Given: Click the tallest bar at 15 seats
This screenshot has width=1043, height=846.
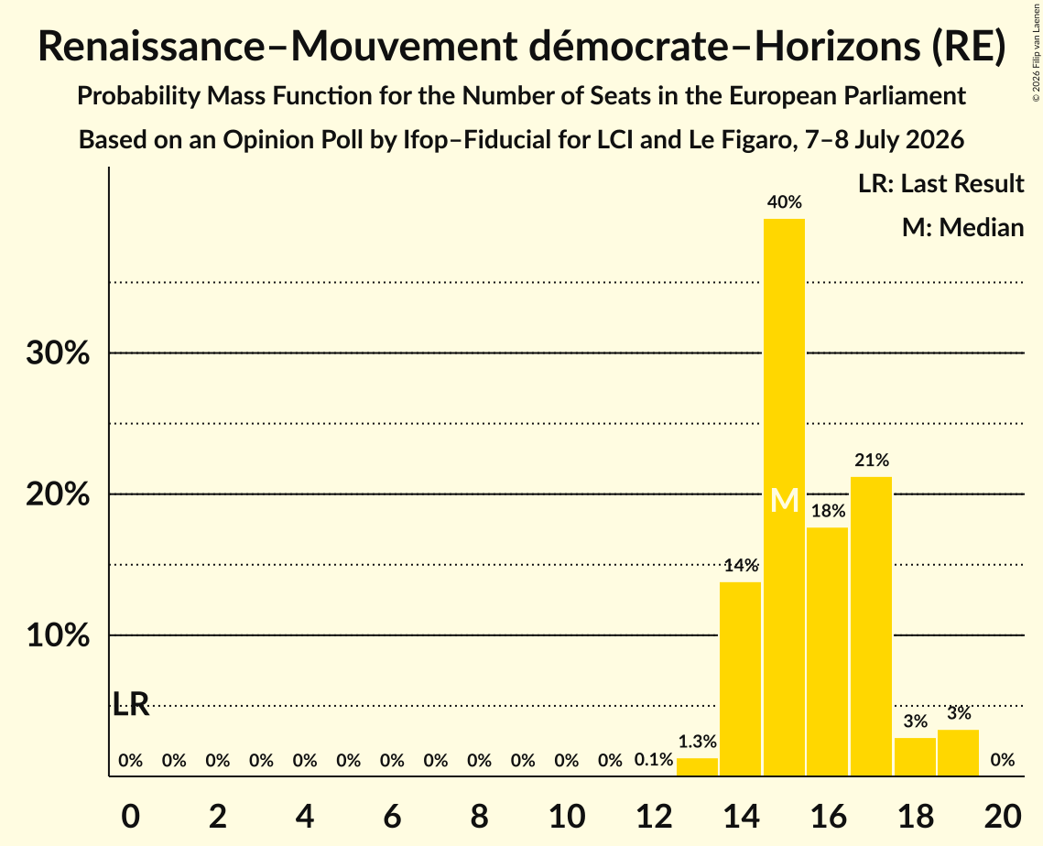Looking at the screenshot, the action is (784, 497).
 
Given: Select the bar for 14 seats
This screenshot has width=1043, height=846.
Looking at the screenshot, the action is (740, 678).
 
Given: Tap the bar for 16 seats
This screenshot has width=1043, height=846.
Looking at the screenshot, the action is (828, 651).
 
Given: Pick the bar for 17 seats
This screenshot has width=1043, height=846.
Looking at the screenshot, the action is (872, 626).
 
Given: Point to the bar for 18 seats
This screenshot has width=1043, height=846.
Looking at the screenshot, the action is (916, 756).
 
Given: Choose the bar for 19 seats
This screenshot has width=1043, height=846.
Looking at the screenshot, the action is (959, 753).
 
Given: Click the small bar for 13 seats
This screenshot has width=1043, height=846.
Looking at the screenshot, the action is (697, 767).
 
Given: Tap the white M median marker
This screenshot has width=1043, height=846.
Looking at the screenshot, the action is (784, 500).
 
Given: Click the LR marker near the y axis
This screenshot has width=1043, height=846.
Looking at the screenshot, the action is (131, 704).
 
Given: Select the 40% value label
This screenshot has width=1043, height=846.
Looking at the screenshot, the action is (784, 202).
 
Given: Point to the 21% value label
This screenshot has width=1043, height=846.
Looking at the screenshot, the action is (872, 461).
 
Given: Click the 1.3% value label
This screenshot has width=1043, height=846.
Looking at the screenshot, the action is (697, 742).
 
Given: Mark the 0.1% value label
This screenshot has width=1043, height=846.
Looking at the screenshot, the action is (653, 760).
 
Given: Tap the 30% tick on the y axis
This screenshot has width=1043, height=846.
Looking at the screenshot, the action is (58, 353).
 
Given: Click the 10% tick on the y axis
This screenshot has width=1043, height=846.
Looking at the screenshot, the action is (58, 635).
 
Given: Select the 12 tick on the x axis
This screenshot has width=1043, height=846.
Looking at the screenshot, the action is (654, 816).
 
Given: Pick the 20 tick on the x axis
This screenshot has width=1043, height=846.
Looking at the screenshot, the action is (1003, 816).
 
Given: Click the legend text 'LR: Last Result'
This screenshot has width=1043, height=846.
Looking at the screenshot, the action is (940, 183).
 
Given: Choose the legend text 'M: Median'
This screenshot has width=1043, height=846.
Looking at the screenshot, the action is (962, 227).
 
